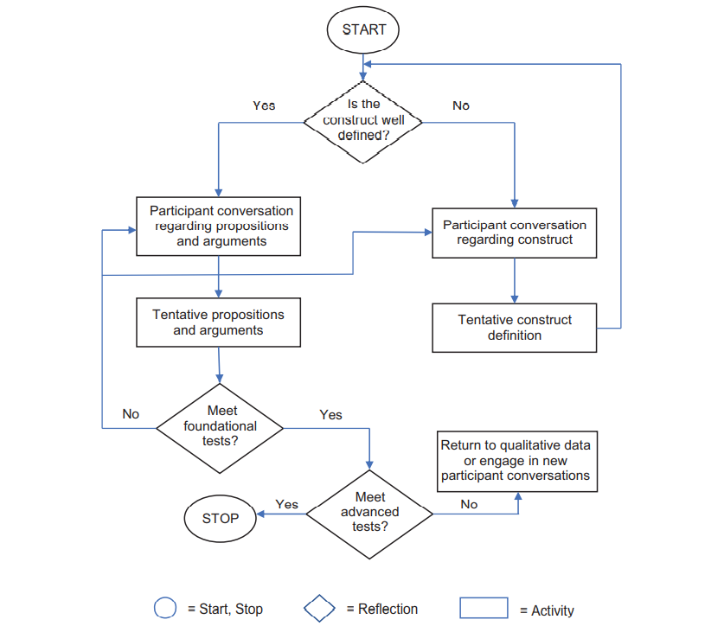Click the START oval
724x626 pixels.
(363, 29)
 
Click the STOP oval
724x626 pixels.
(220, 519)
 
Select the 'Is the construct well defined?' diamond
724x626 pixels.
(363, 120)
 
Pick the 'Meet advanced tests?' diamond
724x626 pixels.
(369, 513)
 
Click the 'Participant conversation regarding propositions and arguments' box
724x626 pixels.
(218, 226)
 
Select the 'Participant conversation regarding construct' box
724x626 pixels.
(515, 233)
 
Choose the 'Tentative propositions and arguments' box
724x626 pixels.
(218, 323)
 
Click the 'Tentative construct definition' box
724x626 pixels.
(515, 328)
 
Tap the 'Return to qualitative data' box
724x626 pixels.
(516, 461)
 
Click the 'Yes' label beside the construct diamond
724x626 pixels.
(264, 105)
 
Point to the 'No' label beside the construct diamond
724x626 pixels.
(461, 105)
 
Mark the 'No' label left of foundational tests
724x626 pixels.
(131, 414)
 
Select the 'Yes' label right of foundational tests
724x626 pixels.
(330, 415)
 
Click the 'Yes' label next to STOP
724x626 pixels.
(286, 504)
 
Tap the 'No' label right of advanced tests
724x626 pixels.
(469, 504)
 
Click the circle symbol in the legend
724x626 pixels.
(165, 608)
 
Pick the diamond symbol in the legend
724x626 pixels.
(319, 608)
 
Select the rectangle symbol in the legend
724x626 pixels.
(484, 608)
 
